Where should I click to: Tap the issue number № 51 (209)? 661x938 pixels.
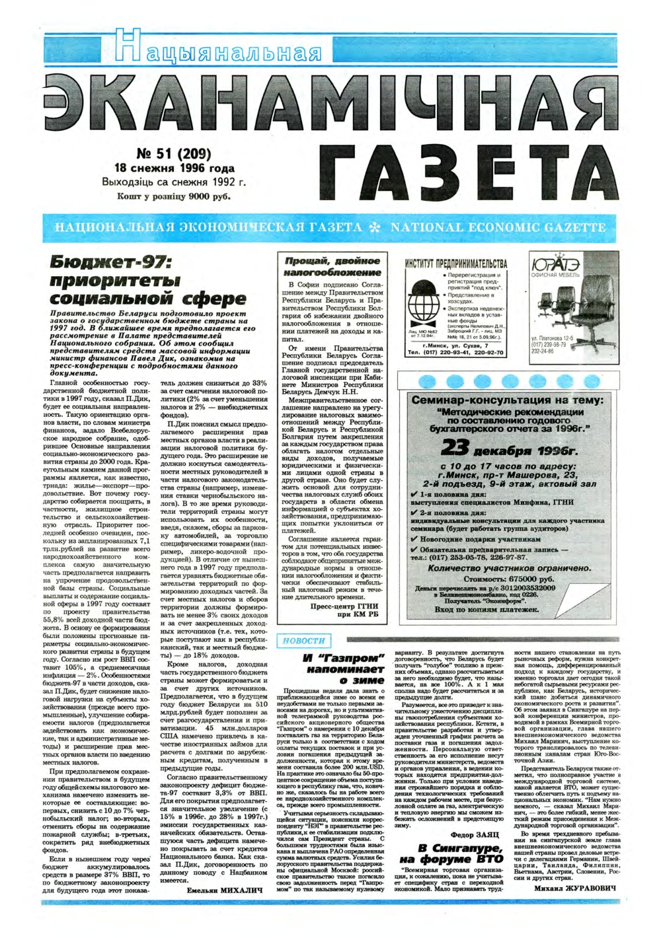coord(173,154)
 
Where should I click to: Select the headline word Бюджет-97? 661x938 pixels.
coord(112,262)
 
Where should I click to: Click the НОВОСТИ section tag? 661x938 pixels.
coord(303,640)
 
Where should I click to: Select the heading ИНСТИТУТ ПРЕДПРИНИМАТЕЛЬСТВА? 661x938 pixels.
coord(456,264)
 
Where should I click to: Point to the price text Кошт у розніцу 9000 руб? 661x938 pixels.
coord(174,196)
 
